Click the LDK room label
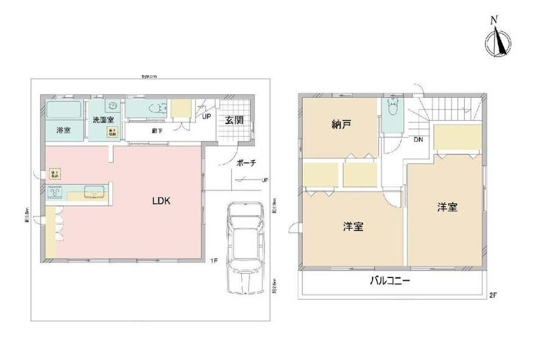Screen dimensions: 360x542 (161, 201)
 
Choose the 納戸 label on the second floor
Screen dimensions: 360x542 (341, 125)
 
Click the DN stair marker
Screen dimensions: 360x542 (419, 140)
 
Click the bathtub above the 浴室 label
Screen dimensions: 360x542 (64, 108)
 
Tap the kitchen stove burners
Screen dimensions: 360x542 (57, 193)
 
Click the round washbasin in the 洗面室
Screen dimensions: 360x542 (113, 106)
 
